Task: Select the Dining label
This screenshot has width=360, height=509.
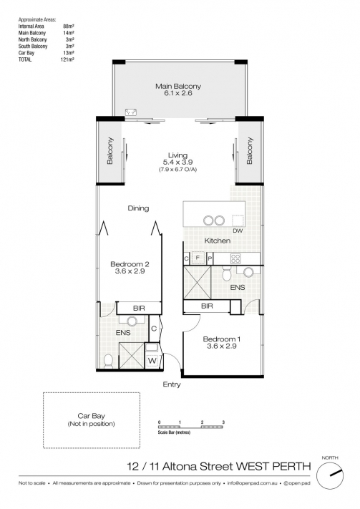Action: pos(138,208)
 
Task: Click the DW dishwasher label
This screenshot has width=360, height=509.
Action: pos(238,231)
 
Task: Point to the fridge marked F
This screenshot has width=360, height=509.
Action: pos(198,258)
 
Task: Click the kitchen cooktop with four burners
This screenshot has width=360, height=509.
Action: pos(235,258)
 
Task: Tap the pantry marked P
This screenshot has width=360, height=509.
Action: pos(210,258)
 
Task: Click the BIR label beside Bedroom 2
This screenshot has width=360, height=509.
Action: pos(139,309)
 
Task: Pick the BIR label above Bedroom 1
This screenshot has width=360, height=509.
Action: pos(207,306)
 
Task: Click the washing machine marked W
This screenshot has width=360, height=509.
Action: pos(152,361)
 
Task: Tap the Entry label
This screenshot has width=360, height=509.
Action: pos(172,384)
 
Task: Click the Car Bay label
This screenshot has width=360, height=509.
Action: pos(91,416)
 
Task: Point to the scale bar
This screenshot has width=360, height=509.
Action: pos(190,427)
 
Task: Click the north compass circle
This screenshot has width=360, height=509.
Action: pos(330,475)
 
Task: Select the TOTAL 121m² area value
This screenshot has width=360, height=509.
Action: pos(69,59)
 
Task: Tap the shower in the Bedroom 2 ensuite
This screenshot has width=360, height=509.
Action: pos(132,356)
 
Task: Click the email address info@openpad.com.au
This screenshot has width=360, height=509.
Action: pos(252,483)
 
